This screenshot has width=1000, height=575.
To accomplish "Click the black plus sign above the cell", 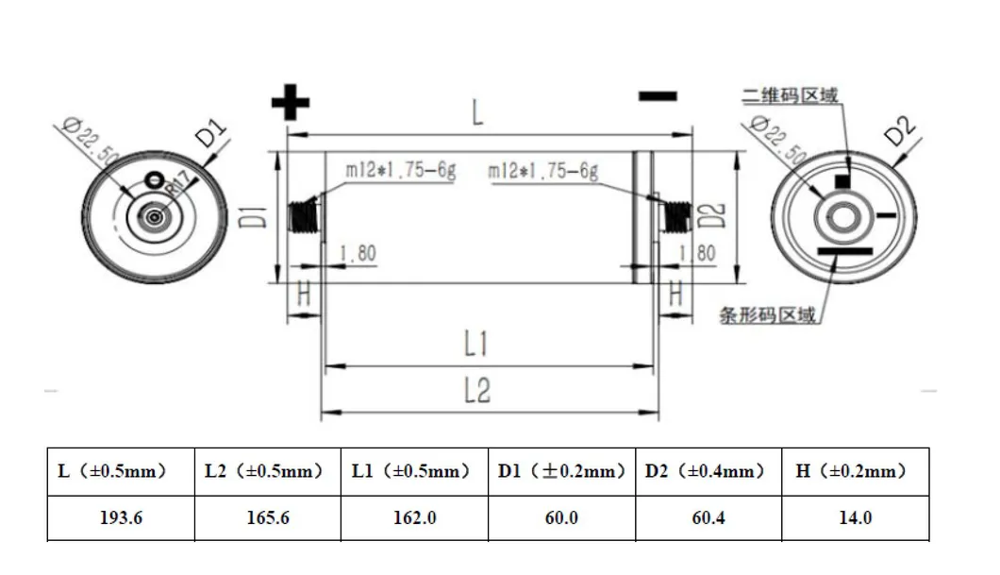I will tap(291, 101).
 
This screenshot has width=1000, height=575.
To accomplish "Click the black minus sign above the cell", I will tap(658, 96).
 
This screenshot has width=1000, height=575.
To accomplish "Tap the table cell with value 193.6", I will tap(121, 517).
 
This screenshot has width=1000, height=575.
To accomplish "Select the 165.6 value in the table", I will tap(267, 517).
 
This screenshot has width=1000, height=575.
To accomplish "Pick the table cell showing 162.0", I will tap(413, 517).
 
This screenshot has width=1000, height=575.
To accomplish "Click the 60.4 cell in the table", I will tap(708, 517).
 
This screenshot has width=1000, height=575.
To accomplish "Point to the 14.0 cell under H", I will tap(855, 517).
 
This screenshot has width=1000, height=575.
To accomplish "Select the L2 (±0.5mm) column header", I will tap(267, 470).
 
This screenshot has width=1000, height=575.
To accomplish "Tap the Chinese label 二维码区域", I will tap(790, 96).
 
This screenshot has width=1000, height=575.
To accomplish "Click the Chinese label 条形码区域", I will tap(767, 317).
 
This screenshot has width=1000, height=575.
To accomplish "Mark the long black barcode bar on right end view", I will tap(845, 251).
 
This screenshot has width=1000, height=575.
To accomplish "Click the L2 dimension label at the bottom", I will tap(477, 390).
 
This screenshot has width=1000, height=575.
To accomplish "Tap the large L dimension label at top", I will tap(478, 113).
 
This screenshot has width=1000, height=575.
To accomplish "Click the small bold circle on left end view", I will tap(153, 177).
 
